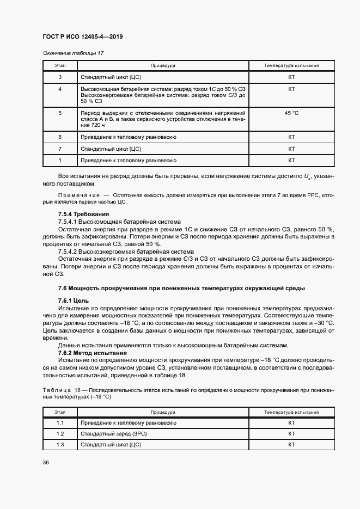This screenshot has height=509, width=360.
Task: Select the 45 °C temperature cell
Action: [291, 113]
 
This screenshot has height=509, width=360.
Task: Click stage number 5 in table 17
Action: [59, 113]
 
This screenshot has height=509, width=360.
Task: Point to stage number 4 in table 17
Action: [59, 89]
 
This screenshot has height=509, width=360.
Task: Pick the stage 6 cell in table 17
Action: [59, 137]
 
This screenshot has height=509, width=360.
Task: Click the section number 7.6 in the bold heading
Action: [62, 288]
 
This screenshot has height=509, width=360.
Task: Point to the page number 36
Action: [46, 463]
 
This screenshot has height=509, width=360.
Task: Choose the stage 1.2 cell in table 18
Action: [59, 434]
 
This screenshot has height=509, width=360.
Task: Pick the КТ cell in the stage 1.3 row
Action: [291, 445]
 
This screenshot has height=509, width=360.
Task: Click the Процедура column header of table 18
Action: [163, 413]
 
